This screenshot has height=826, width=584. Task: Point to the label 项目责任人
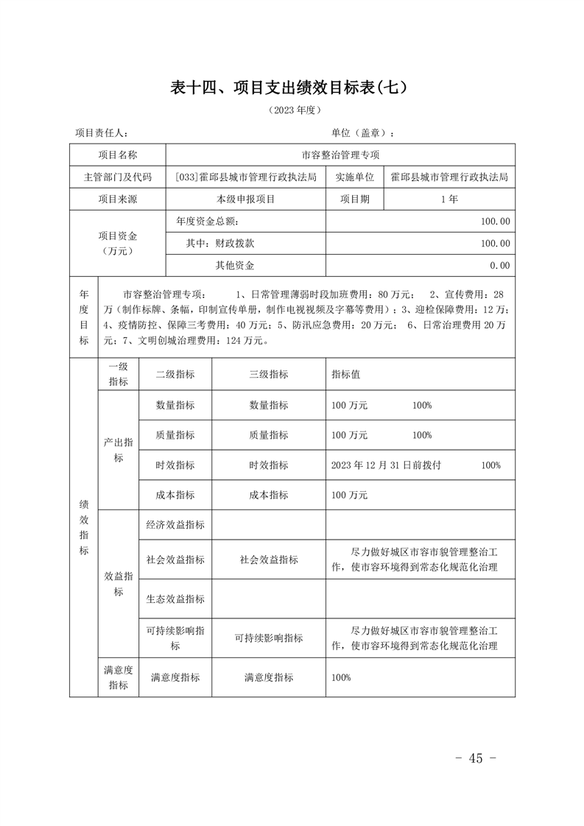pos(102,133)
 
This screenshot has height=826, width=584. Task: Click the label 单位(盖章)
pos(363,133)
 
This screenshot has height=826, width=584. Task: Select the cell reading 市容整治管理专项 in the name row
pos(340,155)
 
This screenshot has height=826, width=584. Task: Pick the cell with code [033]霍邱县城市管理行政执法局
pos(246,177)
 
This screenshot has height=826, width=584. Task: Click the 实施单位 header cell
pos(355,177)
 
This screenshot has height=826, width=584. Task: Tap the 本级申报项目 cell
pos(246,200)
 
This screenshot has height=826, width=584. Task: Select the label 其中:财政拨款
pos(220,244)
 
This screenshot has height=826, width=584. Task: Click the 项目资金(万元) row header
pos(118,244)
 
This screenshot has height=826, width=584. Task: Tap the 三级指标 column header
pos(269,374)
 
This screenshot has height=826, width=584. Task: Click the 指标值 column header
pos(346,374)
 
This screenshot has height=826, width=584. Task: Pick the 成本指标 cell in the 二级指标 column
pos(175,495)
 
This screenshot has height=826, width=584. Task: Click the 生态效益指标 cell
pos(175,599)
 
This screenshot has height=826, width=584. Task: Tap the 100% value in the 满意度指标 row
pos(341,677)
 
